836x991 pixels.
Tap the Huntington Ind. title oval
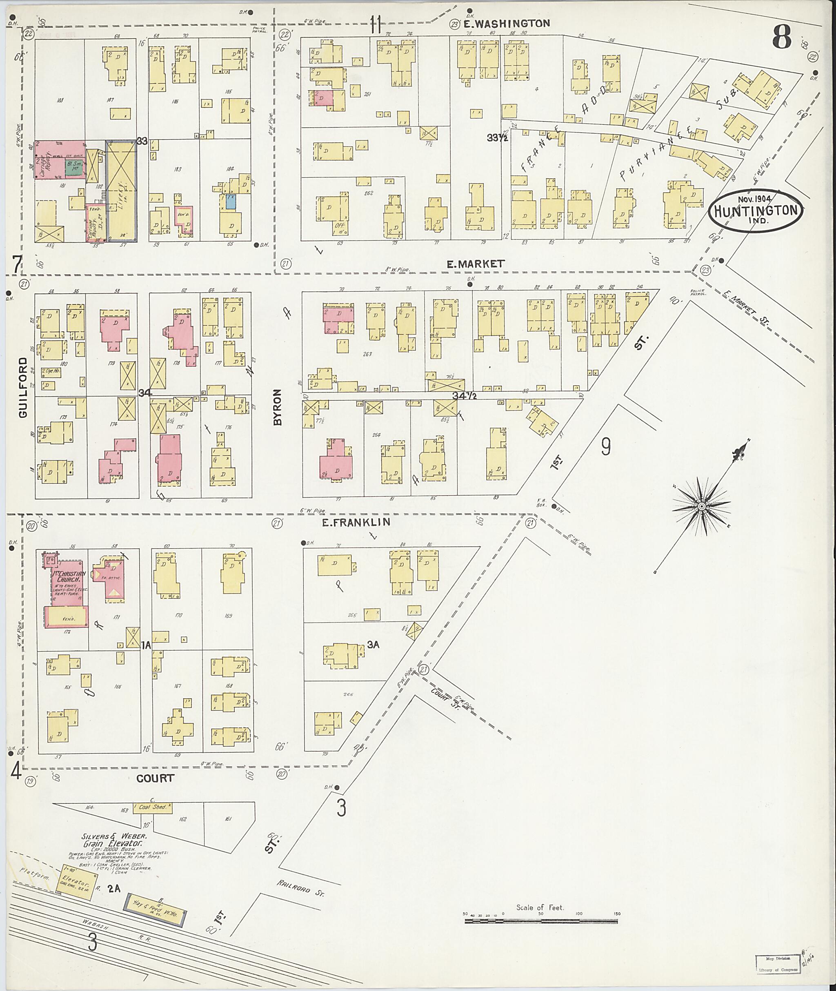[x=756, y=211]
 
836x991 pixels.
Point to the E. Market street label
[x=475, y=264]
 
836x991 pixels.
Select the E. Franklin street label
[x=356, y=522]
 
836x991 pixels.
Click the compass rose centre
[x=701, y=506]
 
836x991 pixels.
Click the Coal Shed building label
[x=153, y=807]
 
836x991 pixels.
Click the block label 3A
[x=373, y=644]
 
